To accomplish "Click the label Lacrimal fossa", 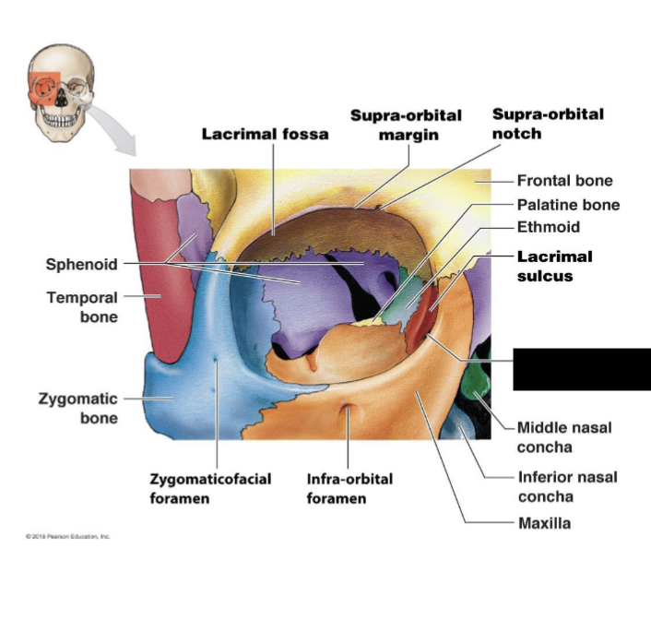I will (265, 134).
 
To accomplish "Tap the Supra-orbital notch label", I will (548, 124).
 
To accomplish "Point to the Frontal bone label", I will (564, 181).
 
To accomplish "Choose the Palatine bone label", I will (568, 205).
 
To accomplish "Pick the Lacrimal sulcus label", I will (554, 266).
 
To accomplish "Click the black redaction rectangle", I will (582, 369).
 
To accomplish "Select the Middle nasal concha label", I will (564, 437).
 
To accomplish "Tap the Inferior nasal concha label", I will (567, 486).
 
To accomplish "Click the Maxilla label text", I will (543, 523).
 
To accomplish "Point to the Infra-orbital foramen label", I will (349, 489).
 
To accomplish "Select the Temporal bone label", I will (82, 307).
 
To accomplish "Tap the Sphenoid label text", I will (82, 265).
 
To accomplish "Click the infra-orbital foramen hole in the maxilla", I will (346, 410).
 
